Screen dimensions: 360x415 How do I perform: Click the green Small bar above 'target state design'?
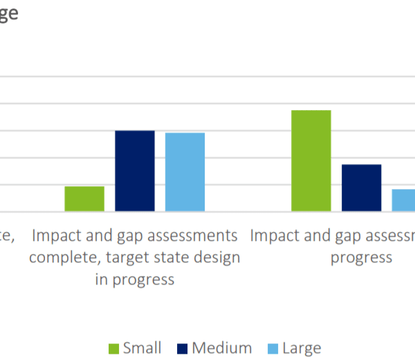[x=84, y=199]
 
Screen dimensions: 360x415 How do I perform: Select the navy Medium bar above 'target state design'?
[x=135, y=171]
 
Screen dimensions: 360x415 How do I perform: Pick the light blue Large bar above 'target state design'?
[x=185, y=172]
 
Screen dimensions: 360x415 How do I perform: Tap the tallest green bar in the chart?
[x=311, y=161]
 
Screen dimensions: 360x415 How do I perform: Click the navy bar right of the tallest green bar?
[x=361, y=188]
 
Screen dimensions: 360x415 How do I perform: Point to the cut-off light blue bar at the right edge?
[x=404, y=200]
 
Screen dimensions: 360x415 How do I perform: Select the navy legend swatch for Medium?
[x=183, y=348]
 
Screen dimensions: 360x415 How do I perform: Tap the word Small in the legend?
[x=142, y=348]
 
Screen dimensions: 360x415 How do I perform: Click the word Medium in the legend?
[x=222, y=348]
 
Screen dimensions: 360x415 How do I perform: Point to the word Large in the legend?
[x=302, y=348]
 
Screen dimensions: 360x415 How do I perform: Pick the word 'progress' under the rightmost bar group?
[x=361, y=258]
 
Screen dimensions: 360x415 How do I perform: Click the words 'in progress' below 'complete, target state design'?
[x=134, y=280]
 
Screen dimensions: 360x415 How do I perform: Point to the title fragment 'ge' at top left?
[x=8, y=14]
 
